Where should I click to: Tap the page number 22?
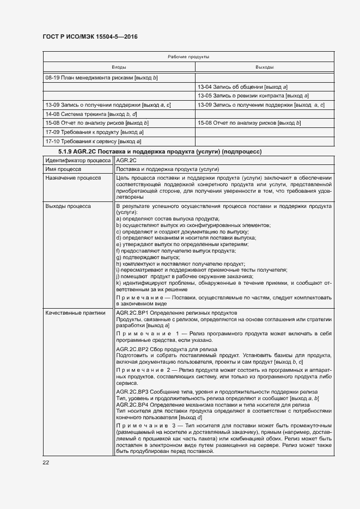[46, 462]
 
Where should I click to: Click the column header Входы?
[119, 68]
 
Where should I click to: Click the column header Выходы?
[264, 68]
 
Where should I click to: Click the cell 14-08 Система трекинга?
[91, 114]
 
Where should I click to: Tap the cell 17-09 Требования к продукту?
[94, 132]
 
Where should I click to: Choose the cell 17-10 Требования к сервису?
[94, 141]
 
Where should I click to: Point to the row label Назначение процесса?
[73, 178]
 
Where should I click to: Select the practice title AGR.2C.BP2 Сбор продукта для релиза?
[167, 348]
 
